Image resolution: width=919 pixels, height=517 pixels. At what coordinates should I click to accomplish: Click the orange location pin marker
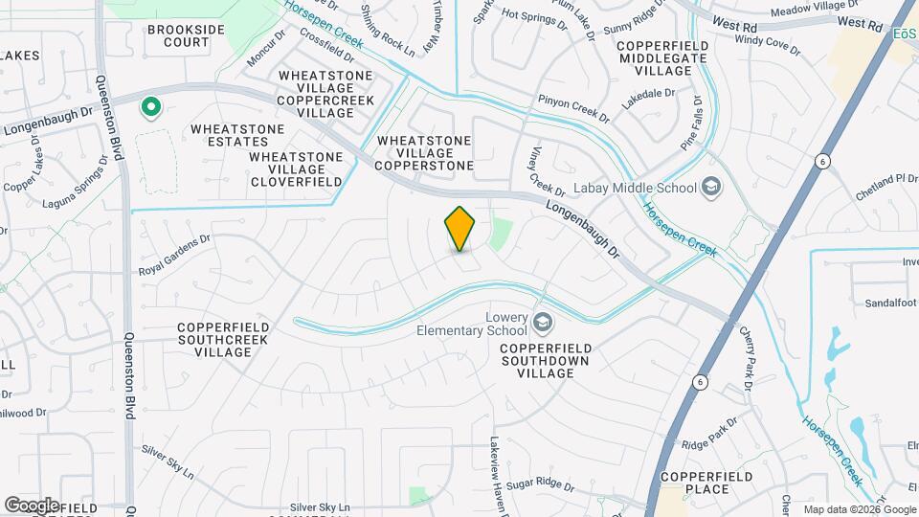pos(460,229)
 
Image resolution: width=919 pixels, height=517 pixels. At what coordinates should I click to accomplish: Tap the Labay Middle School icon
pos(710,187)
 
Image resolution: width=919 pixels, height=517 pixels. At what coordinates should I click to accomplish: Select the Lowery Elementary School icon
pos(544,322)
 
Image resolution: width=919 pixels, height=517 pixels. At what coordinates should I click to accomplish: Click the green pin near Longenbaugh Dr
pos(149,107)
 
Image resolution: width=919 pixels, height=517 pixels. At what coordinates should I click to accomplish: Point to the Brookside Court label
pos(186,35)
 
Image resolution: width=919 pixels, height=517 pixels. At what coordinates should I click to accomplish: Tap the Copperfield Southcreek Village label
pos(215,340)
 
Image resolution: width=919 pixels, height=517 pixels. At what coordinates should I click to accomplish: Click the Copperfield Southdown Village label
pos(550,359)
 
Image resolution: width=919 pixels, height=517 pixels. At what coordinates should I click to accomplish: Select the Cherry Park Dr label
pos(749,359)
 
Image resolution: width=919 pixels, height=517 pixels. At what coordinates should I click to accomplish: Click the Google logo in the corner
pos(32,505)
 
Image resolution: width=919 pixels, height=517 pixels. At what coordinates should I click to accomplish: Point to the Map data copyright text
pos(860,508)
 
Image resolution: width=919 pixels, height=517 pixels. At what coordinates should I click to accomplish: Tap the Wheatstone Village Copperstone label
pos(424,153)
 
